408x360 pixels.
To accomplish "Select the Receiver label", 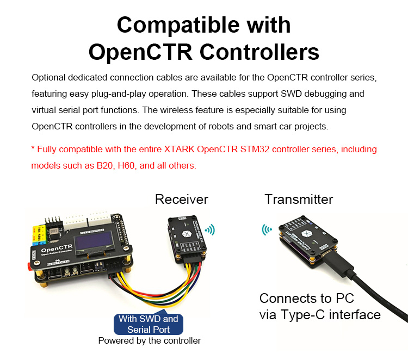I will tap(181, 199).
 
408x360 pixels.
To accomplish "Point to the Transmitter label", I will tap(299, 199).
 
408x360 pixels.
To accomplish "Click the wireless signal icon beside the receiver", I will tap(209, 229).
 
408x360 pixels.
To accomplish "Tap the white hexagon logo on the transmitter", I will tap(305, 232).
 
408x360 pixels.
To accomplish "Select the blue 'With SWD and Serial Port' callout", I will tap(148, 324).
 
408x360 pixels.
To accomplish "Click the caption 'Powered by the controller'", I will tap(149, 341).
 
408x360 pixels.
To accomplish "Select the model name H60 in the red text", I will tap(126, 165).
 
